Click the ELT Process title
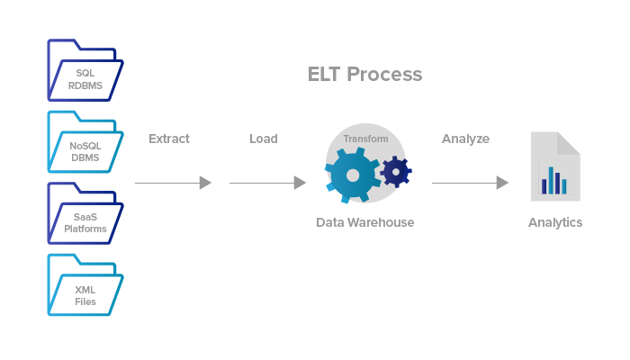pyautogui.click(x=364, y=75)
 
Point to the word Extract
pyautogui.click(x=169, y=139)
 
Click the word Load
pyautogui.click(x=264, y=139)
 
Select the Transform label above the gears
pyautogui.click(x=365, y=139)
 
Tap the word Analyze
pyautogui.click(x=465, y=139)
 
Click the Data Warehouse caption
pyautogui.click(x=364, y=222)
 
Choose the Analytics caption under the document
pyautogui.click(x=555, y=222)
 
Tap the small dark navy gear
pyautogui.click(x=395, y=170)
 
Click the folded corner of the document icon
pyautogui.click(x=569, y=142)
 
